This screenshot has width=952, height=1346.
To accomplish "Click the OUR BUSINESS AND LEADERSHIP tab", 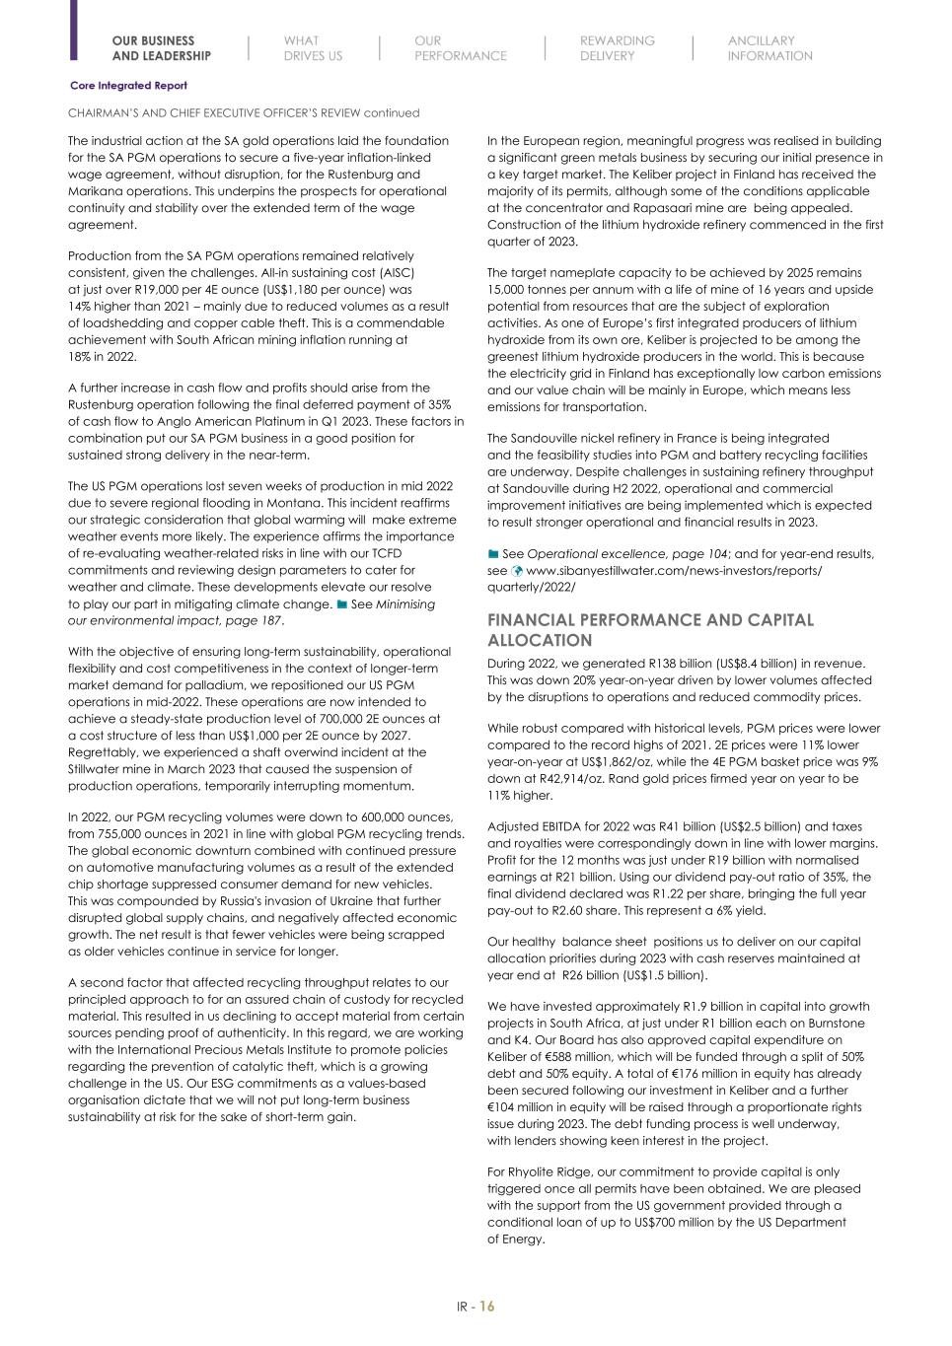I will tap(161, 48).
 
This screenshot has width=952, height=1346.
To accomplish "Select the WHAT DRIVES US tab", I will tap(313, 48).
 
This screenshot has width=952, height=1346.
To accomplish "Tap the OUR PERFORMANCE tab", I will tap(460, 48).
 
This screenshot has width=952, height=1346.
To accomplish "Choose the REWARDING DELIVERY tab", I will tap(617, 48).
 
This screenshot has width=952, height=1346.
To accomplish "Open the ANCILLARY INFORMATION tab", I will tap(769, 48).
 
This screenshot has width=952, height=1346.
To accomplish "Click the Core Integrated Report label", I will tap(128, 86).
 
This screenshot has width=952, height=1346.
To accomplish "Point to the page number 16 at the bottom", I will tap(487, 1307).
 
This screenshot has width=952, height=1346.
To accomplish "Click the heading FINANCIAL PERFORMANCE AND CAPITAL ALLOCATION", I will tap(650, 629).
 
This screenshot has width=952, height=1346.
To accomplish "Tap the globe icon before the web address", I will tap(516, 571).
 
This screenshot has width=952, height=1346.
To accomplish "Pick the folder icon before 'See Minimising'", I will tap(341, 604).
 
